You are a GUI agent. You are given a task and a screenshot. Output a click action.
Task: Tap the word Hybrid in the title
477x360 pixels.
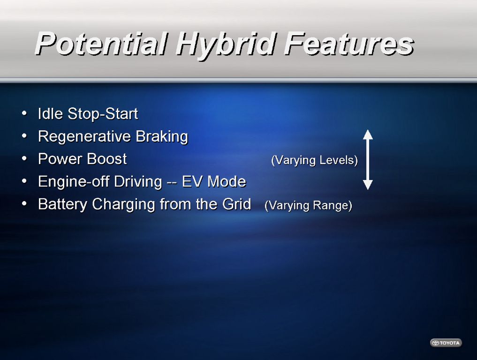226,45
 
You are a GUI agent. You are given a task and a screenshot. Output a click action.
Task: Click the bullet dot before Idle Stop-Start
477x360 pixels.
24,113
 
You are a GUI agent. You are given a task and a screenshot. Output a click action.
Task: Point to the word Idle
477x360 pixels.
50,113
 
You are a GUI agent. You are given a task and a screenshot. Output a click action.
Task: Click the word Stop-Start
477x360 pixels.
103,114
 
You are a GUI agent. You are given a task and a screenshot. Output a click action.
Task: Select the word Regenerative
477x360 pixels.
84,137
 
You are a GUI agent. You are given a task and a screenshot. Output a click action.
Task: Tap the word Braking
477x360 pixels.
162,137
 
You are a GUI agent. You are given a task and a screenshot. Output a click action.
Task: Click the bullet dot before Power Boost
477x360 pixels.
24,158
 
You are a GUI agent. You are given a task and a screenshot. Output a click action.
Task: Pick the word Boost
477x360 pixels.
106,159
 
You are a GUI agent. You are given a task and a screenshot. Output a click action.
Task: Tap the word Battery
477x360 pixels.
63,204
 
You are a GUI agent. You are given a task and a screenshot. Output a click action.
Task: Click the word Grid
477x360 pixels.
237,204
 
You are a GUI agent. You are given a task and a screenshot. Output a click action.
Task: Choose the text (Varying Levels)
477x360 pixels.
314,160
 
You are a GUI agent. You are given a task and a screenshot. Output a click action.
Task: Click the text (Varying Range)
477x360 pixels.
309,205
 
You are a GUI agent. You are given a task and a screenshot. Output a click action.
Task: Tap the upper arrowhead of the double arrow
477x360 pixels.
368,135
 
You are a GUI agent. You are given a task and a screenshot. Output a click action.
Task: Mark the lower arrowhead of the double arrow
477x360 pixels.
368,185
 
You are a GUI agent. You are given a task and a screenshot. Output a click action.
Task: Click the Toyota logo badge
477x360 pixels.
446,343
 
